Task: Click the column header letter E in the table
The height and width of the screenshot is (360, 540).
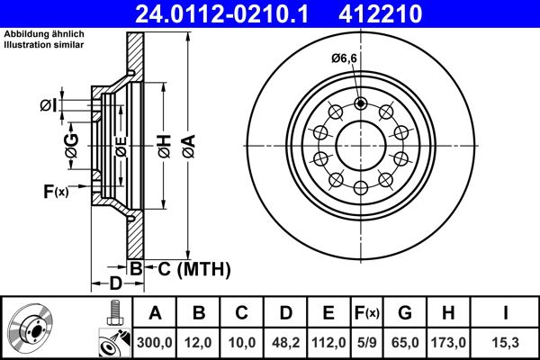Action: click(328, 313)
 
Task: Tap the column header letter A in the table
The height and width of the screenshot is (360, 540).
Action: click(156, 313)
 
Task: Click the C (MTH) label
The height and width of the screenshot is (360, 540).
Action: click(188, 268)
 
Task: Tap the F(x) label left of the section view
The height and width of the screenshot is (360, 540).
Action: click(55, 191)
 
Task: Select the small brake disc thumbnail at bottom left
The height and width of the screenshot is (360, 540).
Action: click(31, 328)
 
